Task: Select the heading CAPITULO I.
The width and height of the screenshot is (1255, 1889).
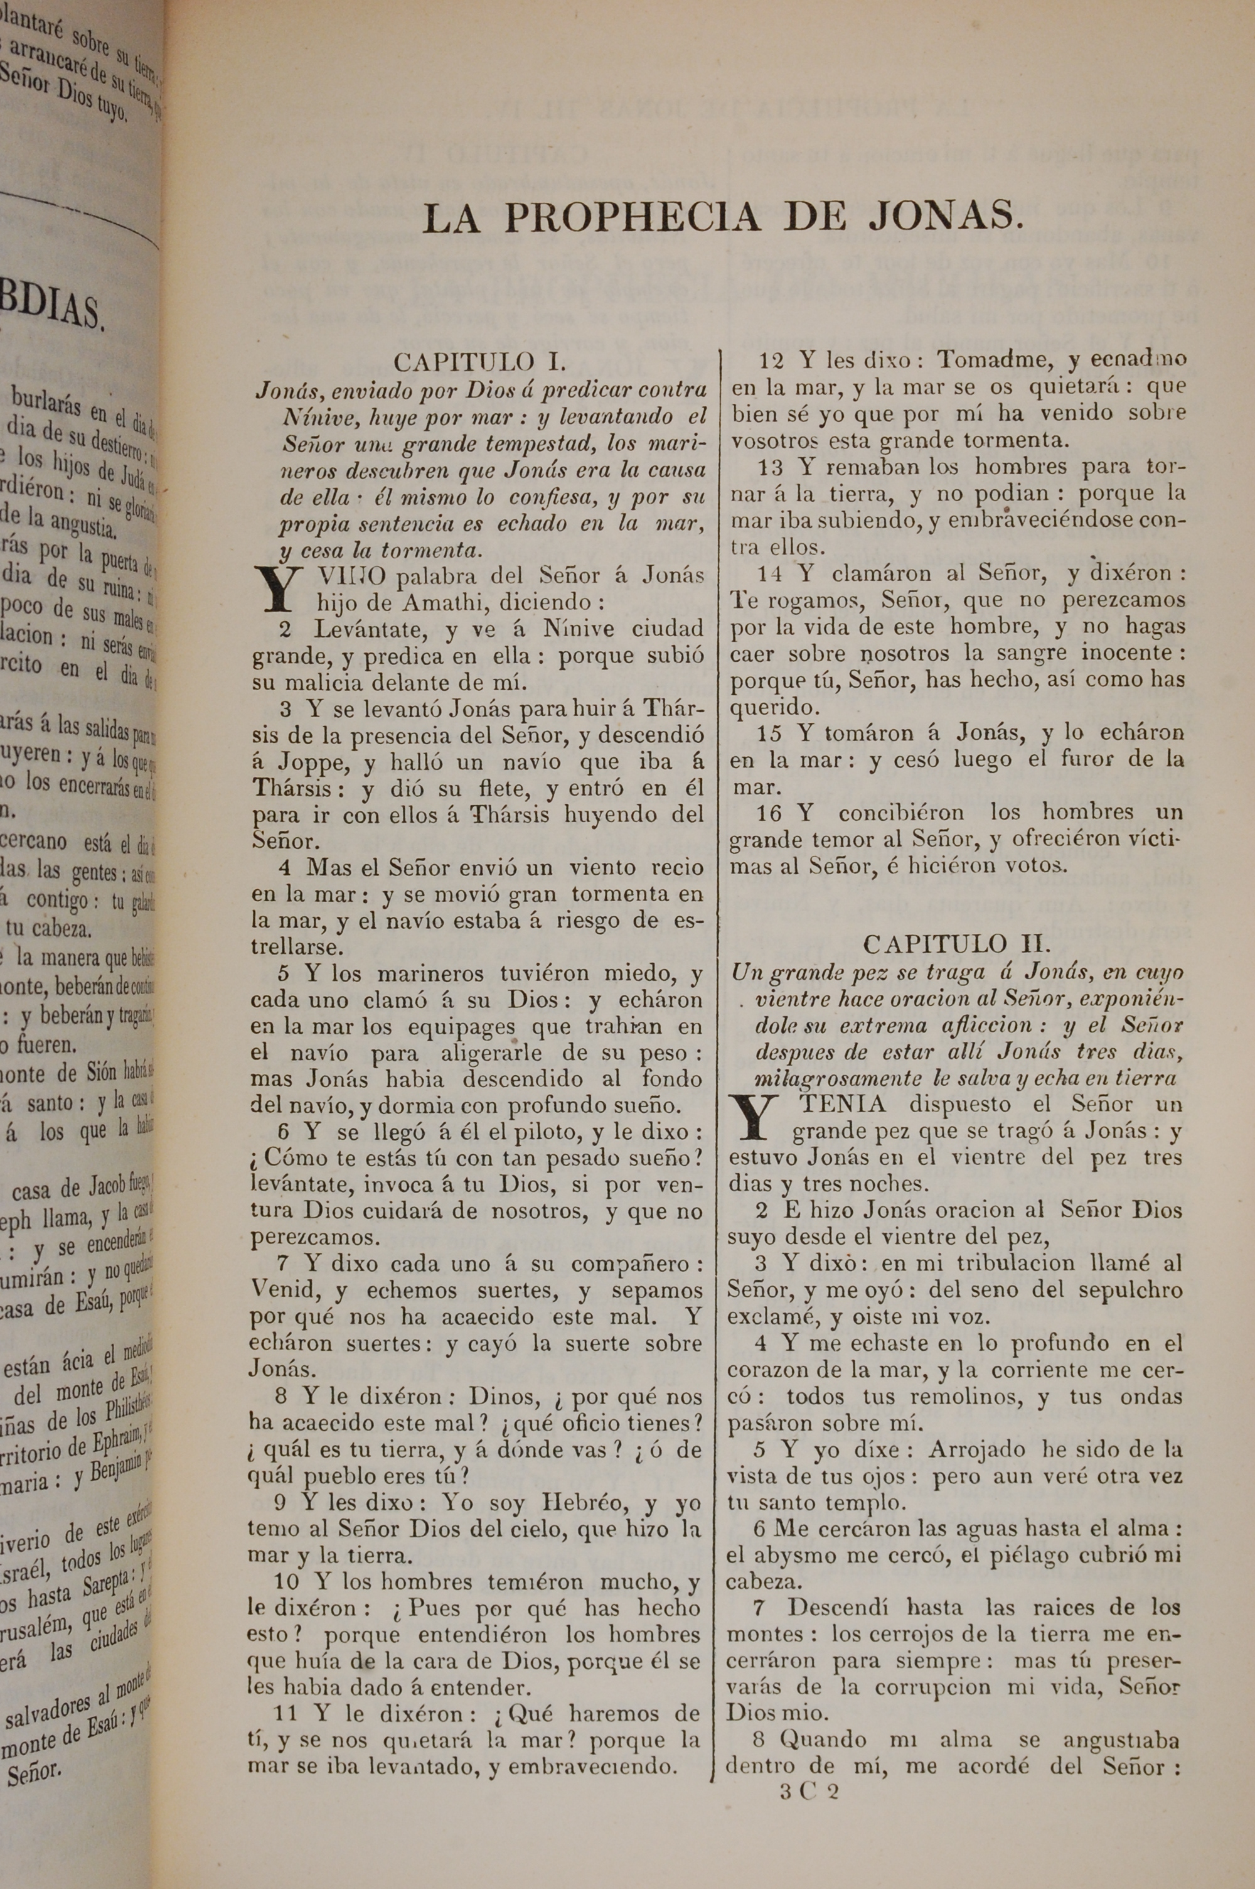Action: coord(479,362)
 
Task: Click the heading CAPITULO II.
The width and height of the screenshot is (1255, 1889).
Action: coord(955,943)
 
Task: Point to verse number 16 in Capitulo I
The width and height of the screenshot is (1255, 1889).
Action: coord(769,813)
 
